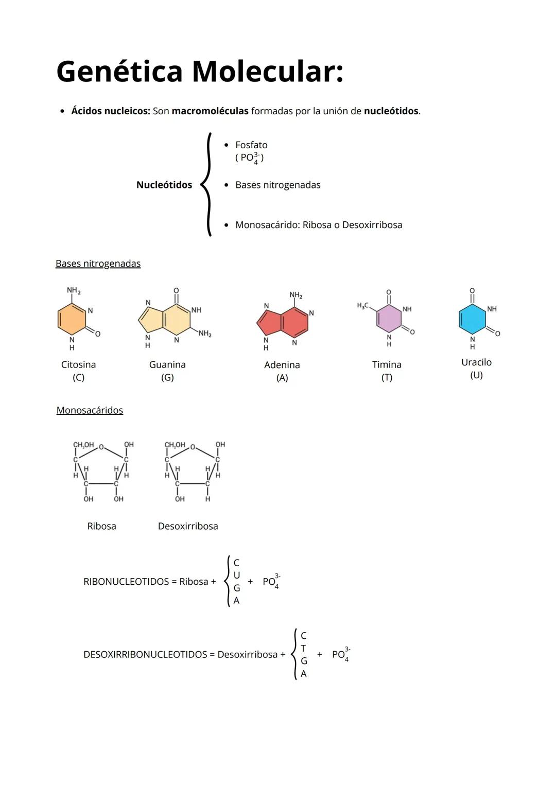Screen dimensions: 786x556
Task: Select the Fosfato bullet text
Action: pyautogui.click(x=251, y=145)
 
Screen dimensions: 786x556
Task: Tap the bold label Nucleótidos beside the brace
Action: pyautogui.click(x=164, y=185)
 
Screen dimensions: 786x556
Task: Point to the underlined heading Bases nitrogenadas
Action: pyautogui.click(x=98, y=264)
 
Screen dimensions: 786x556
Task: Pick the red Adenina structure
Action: pyautogui.click(x=283, y=322)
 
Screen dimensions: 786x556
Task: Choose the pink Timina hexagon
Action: pyautogui.click(x=389, y=319)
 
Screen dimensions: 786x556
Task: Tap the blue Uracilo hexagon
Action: pyautogui.click(x=472, y=319)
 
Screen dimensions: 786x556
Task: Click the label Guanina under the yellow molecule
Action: pyautogui.click(x=167, y=364)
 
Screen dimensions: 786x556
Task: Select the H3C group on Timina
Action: pyautogui.click(x=362, y=306)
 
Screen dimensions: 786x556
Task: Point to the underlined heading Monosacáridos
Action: pyautogui.click(x=90, y=410)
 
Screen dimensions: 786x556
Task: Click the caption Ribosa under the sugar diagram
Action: pyautogui.click(x=101, y=526)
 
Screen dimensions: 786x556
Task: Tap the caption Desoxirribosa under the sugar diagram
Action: pyautogui.click(x=188, y=526)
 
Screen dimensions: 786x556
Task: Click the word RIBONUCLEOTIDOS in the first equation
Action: pyautogui.click(x=126, y=582)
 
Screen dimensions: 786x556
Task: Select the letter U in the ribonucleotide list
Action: pyautogui.click(x=236, y=575)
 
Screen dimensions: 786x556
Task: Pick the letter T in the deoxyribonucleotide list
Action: pyautogui.click(x=303, y=648)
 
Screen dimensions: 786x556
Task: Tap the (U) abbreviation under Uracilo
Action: pyautogui.click(x=476, y=375)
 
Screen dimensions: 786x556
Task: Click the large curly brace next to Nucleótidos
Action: pyautogui.click(x=207, y=184)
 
